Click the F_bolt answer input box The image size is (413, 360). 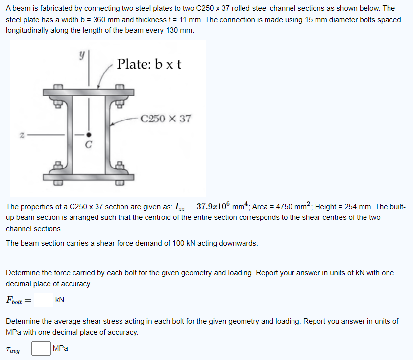pos(43,299)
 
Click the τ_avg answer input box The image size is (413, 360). pos(41,348)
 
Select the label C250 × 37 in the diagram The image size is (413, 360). pos(165,119)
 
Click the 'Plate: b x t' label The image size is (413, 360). pos(149,64)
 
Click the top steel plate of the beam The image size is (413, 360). pos(89,93)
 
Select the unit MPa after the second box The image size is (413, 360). pos(60,348)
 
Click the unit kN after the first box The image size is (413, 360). pos(60,299)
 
